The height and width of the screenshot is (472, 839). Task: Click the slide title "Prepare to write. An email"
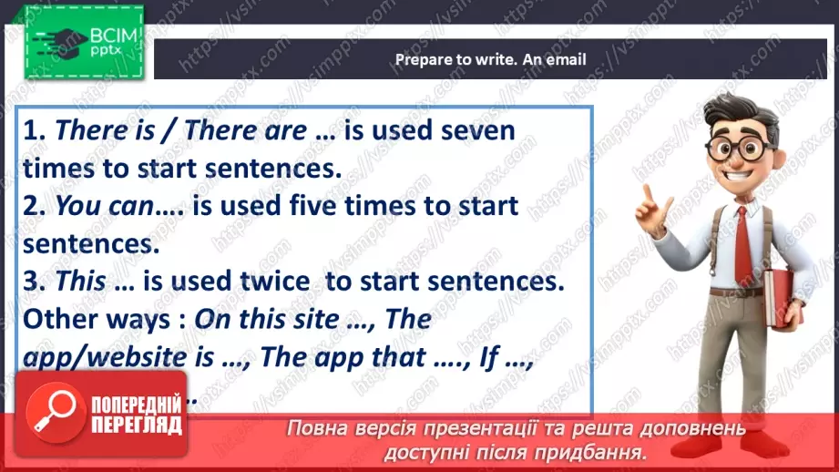(x=490, y=60)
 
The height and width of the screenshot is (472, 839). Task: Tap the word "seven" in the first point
(x=477, y=130)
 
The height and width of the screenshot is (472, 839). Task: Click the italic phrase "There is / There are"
(x=179, y=131)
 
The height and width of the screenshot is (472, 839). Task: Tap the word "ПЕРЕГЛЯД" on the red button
(x=137, y=426)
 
